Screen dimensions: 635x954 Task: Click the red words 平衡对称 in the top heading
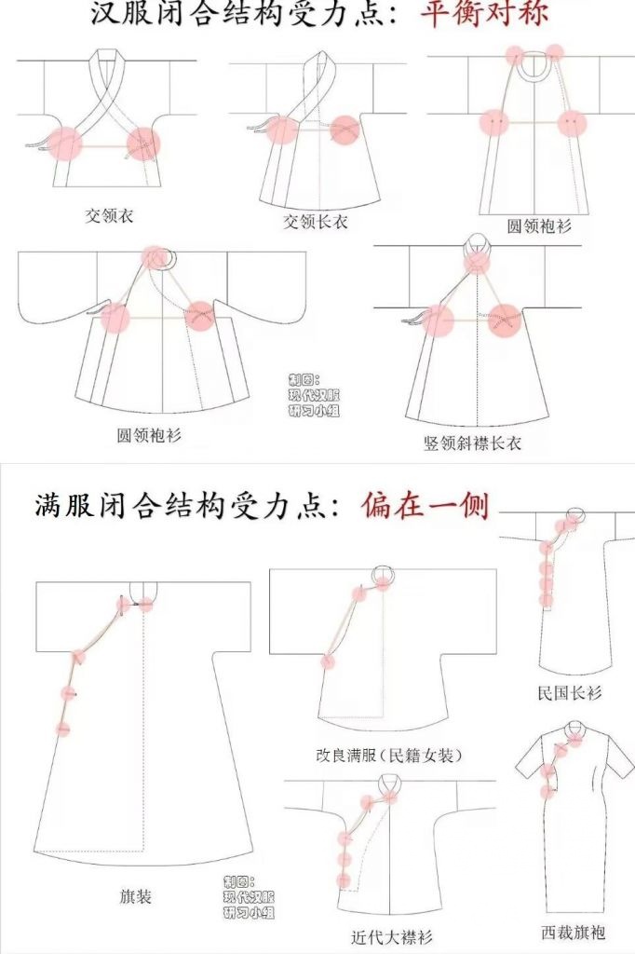point(484,12)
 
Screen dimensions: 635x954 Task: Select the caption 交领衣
point(109,215)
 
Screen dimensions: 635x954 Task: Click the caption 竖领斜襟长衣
point(473,443)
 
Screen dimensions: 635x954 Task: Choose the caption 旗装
point(135,896)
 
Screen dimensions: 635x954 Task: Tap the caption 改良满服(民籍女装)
point(390,756)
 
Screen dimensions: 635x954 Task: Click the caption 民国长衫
point(570,692)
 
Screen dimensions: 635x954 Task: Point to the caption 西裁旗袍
point(573,932)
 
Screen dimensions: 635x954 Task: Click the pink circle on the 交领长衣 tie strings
point(281,129)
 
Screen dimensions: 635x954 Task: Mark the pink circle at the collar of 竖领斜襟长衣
point(477,262)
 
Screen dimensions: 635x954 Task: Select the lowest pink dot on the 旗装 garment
point(62,728)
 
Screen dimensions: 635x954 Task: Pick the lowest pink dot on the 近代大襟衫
point(344,879)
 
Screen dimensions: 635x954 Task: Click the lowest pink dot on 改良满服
point(328,661)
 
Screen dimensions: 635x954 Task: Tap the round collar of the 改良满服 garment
point(385,574)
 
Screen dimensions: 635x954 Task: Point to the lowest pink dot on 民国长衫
point(547,601)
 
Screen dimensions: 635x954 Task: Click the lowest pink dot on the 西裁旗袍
point(548,792)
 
